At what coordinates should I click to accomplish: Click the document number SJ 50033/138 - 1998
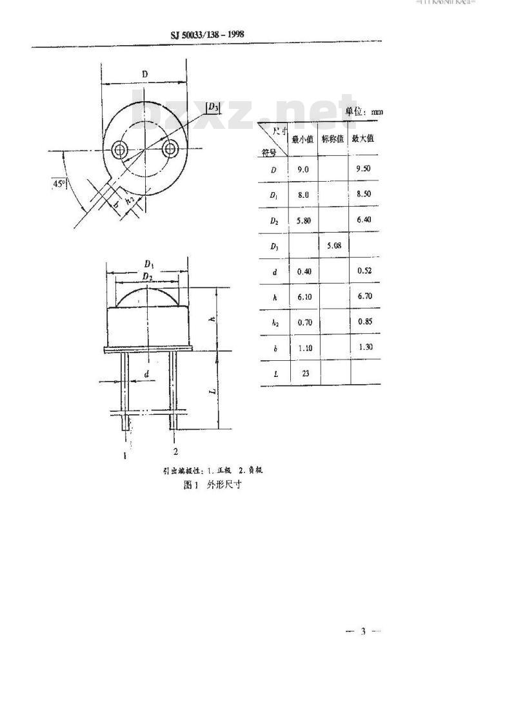click(x=207, y=35)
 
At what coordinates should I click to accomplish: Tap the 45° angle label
click(x=59, y=184)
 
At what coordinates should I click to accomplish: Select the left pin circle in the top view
click(x=120, y=149)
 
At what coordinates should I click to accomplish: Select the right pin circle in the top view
click(x=170, y=149)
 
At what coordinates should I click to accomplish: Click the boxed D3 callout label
click(x=212, y=107)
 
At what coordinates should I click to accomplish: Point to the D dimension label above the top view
click(x=145, y=74)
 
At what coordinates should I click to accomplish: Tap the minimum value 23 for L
click(x=304, y=372)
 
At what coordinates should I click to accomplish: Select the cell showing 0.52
click(x=365, y=271)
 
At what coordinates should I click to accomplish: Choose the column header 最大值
click(x=363, y=139)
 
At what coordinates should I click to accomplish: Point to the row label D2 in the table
click(x=273, y=220)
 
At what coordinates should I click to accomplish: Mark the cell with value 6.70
click(x=365, y=296)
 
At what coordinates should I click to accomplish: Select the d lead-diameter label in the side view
click(x=147, y=373)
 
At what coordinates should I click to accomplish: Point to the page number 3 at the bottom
click(x=363, y=631)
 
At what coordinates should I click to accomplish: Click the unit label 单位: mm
click(x=364, y=111)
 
